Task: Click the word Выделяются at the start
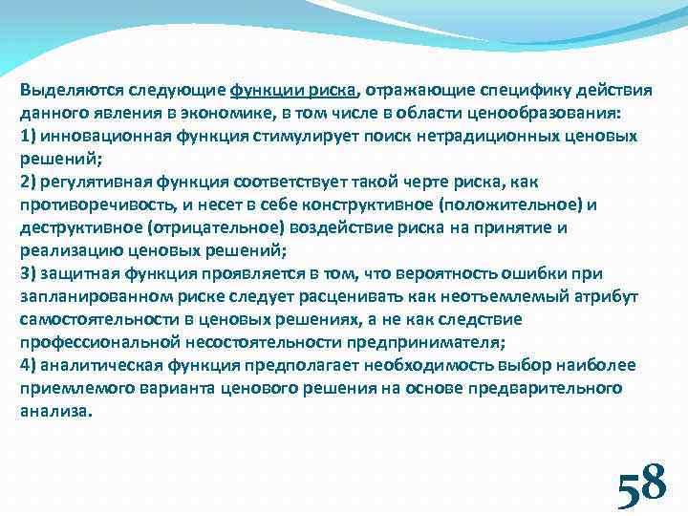66,90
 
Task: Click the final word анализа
55,411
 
